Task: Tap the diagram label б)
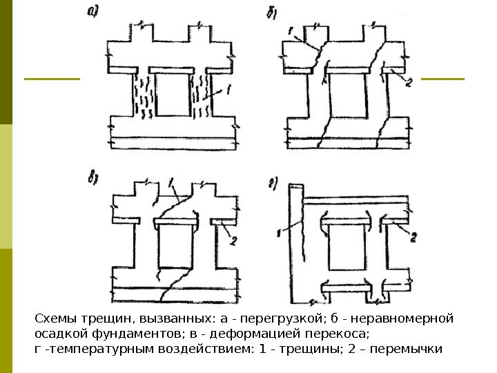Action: tap(270, 13)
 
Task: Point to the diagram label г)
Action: tap(272, 183)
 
